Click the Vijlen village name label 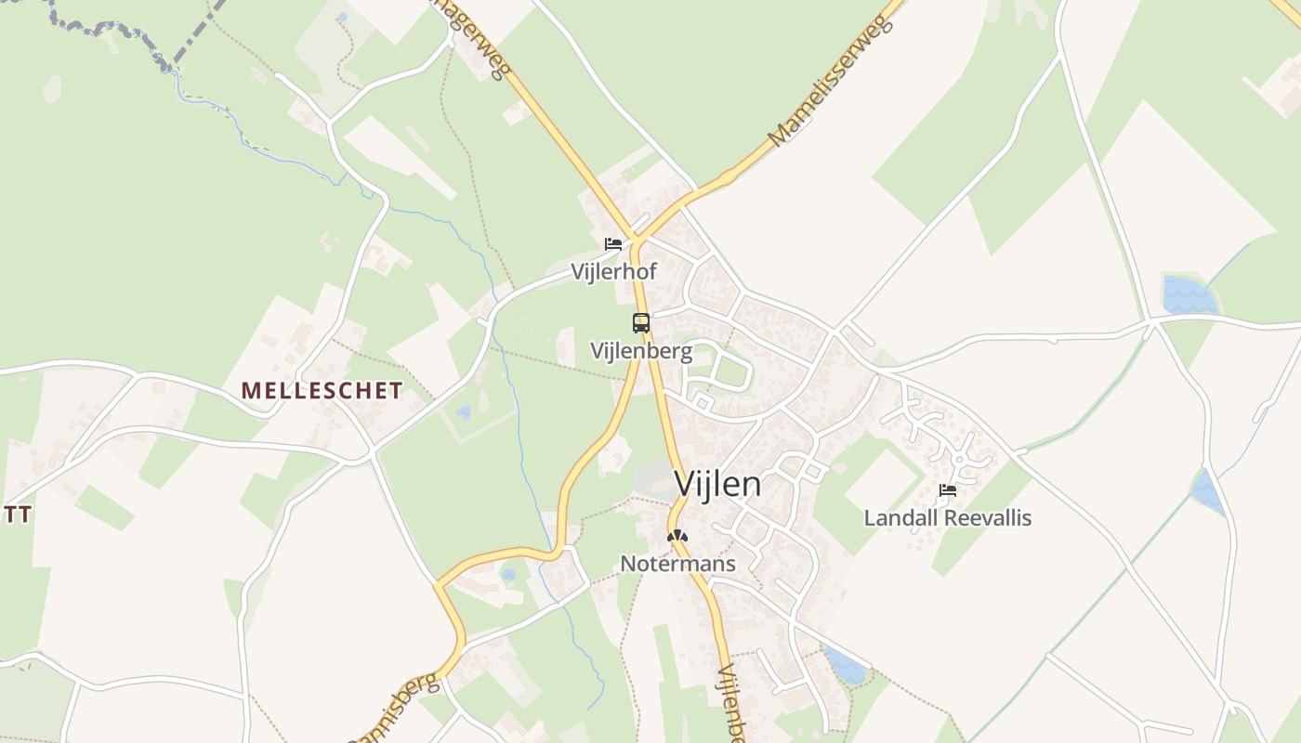(717, 484)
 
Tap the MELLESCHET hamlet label (322, 391)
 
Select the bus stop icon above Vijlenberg (641, 323)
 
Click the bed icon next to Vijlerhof (613, 244)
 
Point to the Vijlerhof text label (614, 272)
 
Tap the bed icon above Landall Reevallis (948, 490)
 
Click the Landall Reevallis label (948, 517)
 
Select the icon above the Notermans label (677, 536)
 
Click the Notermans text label (677, 564)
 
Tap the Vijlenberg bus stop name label (641, 351)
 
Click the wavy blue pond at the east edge (1189, 296)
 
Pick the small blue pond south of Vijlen (847, 666)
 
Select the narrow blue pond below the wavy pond (1207, 492)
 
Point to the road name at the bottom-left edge (395, 710)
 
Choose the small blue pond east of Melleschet (463, 412)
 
